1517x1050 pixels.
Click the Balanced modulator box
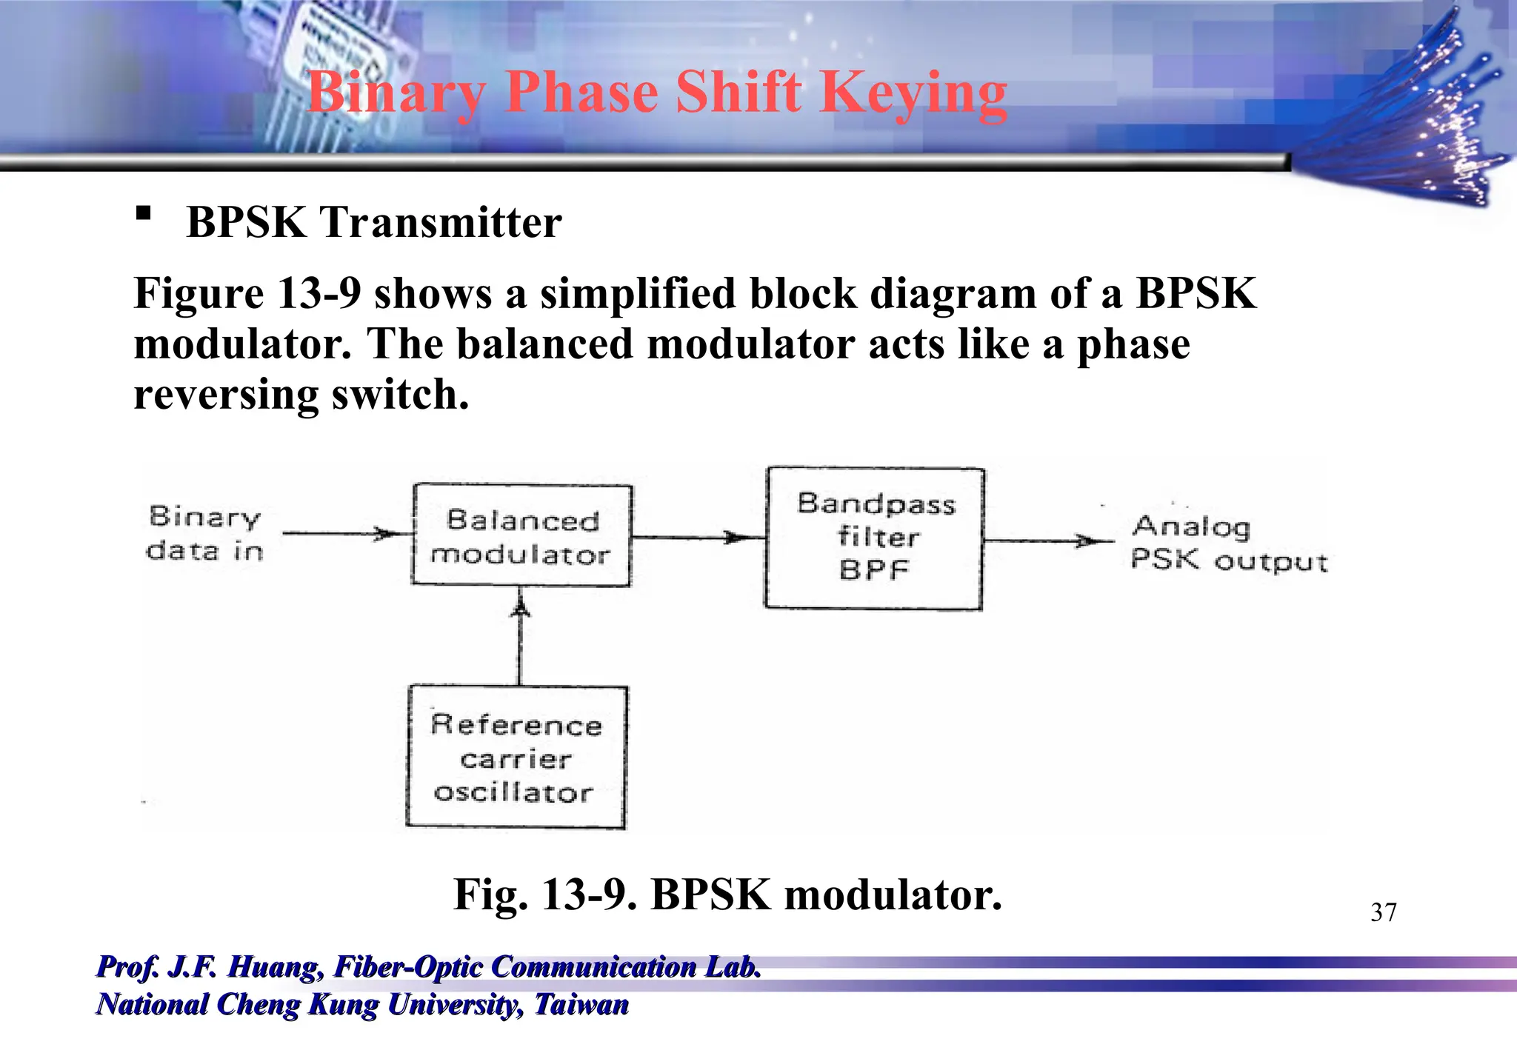[521, 536]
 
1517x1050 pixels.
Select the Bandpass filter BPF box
[875, 538]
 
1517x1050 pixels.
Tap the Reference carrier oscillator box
[517, 758]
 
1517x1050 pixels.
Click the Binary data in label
[205, 533]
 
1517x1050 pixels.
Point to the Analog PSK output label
[1228, 544]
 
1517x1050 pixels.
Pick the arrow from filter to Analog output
[1047, 541]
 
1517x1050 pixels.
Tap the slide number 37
[1383, 912]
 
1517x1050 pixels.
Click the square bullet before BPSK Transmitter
[144, 214]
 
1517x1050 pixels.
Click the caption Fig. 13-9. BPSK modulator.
[727, 894]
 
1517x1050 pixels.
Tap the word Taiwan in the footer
[581, 1005]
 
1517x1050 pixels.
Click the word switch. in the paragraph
[399, 394]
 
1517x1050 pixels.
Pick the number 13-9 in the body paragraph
[319, 293]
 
